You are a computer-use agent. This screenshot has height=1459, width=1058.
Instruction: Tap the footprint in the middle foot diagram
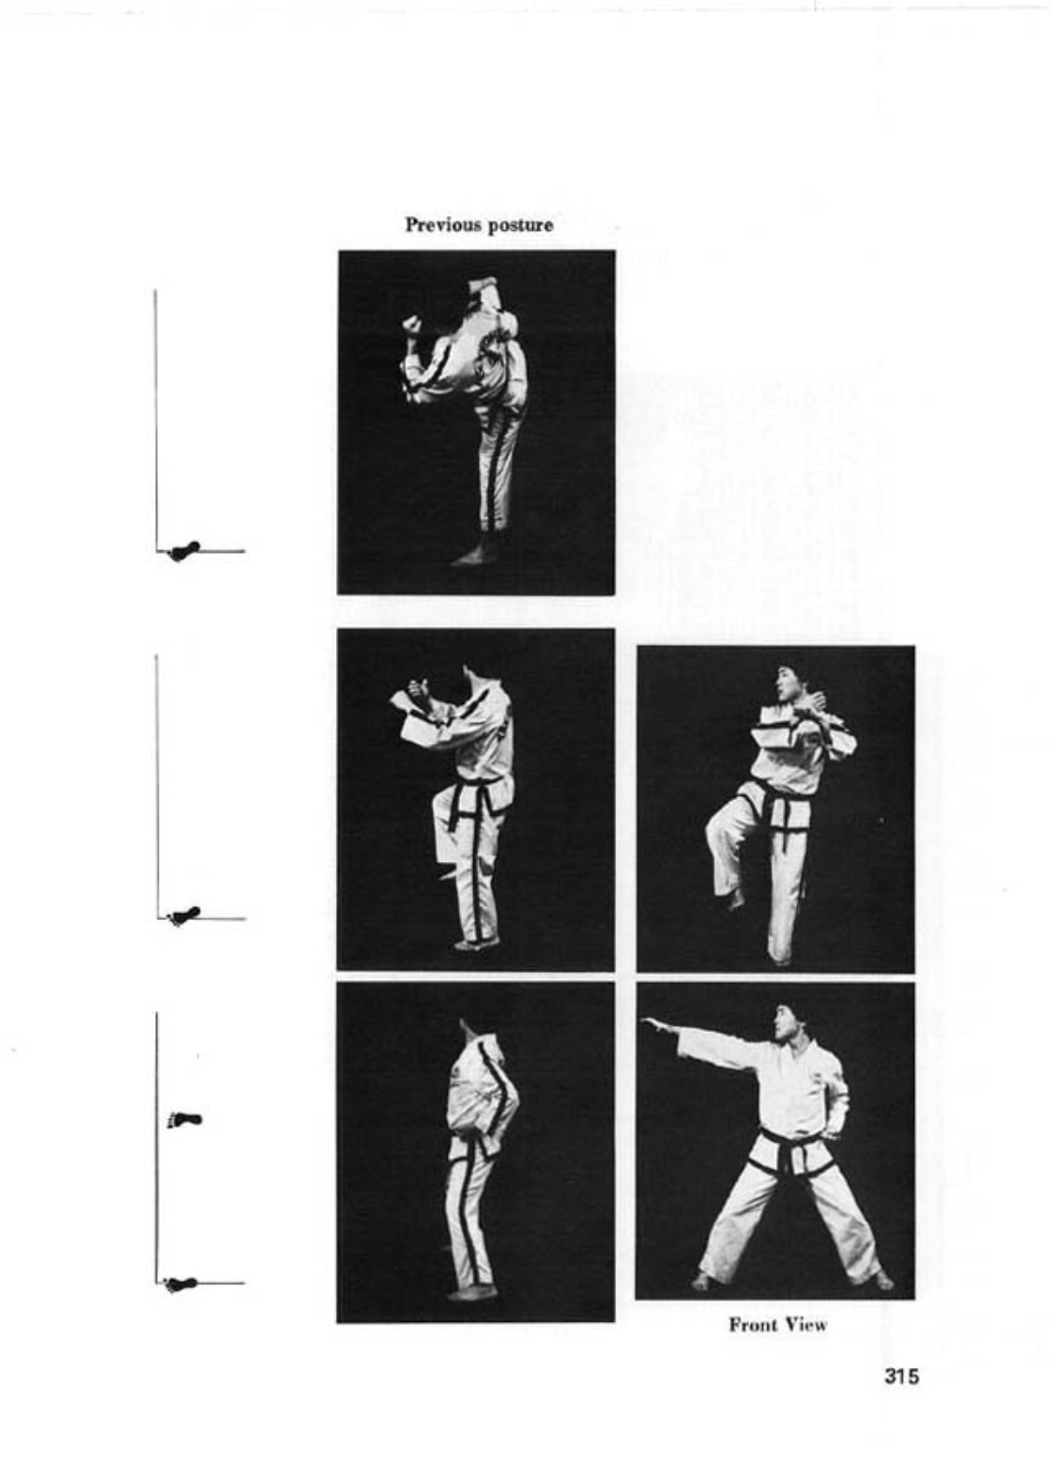[184, 915]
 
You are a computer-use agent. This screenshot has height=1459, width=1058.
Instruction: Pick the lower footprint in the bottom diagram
[182, 1283]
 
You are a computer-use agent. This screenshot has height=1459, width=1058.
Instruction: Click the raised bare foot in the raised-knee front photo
[735, 899]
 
